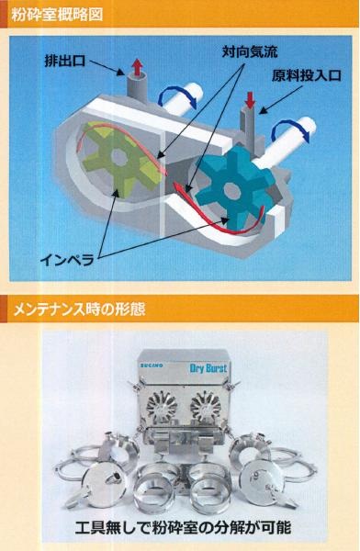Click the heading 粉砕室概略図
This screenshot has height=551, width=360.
tap(57, 15)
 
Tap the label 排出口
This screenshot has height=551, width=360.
tap(65, 61)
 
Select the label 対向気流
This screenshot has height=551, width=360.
tap(250, 52)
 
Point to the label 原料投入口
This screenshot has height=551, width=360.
tap(306, 75)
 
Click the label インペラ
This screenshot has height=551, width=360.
tap(67, 261)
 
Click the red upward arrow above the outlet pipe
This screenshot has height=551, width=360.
tap(137, 67)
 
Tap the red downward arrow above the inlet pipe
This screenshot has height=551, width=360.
tap(250, 100)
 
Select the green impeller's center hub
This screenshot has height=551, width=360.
tap(118, 158)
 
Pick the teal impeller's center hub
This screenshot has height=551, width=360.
tap(232, 191)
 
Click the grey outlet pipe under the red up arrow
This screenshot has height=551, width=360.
tap(137, 89)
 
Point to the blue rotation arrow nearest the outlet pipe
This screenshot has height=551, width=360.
tap(177, 96)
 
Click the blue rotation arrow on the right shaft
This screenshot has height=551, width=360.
tap(291, 130)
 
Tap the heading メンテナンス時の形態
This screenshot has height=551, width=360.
tap(80, 310)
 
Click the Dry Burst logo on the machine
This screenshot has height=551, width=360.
tap(208, 368)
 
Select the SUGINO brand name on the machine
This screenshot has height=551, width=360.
tap(152, 365)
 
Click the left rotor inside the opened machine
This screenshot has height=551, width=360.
tap(162, 407)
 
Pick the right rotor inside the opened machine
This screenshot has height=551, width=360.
tap(206, 407)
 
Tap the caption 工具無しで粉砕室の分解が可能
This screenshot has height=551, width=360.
tap(183, 527)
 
